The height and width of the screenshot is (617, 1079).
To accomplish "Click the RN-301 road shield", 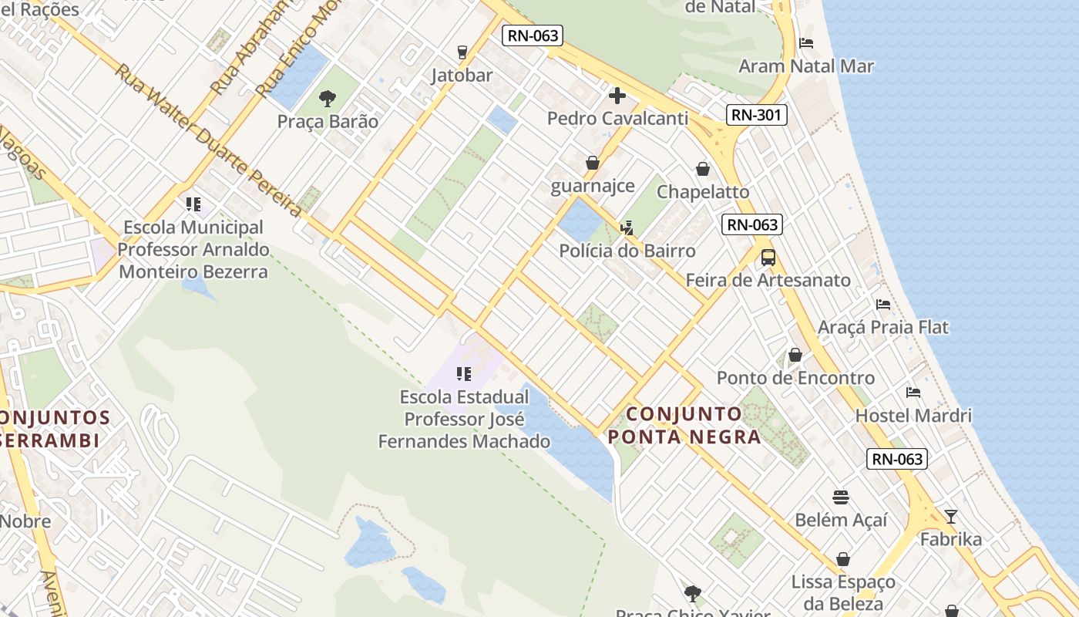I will click(x=755, y=116).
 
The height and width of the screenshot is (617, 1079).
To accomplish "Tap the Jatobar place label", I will click(x=462, y=76).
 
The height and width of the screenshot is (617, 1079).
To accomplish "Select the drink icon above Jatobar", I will click(x=462, y=52).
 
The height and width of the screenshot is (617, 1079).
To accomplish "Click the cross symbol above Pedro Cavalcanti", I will click(x=617, y=96).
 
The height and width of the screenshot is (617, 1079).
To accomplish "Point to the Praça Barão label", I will click(x=328, y=122).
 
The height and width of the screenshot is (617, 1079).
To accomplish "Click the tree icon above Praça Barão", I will click(x=328, y=99).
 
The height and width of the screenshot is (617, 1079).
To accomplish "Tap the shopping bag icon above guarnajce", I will click(x=593, y=163).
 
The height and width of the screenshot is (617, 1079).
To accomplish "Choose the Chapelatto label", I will click(x=703, y=191).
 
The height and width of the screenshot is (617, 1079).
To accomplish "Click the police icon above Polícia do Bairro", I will click(x=627, y=228).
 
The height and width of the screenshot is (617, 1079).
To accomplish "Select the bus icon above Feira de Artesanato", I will click(x=768, y=257).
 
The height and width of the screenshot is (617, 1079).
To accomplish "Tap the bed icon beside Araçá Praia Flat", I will click(x=883, y=305).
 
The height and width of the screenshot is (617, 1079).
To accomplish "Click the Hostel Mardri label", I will click(x=913, y=416).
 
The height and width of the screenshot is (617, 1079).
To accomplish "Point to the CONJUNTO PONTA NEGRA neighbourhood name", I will click(x=684, y=426).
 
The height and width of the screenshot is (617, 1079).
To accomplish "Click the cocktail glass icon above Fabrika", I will click(x=951, y=516).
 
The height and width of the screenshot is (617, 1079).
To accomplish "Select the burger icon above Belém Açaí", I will click(x=841, y=497).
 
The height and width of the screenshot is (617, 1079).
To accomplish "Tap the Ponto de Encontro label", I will click(x=795, y=378).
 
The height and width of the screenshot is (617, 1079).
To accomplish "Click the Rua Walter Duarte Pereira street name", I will click(x=208, y=140).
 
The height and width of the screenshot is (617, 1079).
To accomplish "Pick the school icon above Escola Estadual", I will click(x=463, y=374).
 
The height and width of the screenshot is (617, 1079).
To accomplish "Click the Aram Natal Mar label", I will click(x=806, y=66).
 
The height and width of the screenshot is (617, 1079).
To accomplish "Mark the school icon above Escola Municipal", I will click(x=193, y=204).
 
